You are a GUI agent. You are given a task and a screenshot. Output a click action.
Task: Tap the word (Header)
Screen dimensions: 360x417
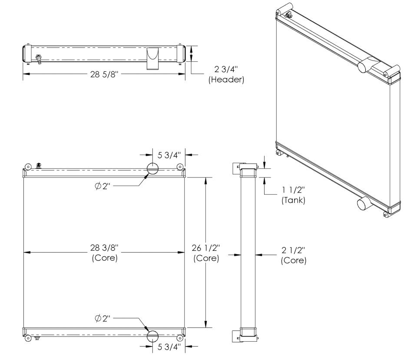pyautogui.click(x=225, y=80)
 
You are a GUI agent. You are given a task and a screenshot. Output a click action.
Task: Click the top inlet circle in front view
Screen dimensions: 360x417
pyautogui.click(x=152, y=168)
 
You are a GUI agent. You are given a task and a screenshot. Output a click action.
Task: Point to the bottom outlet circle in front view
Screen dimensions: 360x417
pyautogui.click(x=152, y=336)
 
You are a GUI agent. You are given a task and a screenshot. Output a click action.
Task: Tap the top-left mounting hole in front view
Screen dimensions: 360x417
pyautogui.click(x=28, y=167)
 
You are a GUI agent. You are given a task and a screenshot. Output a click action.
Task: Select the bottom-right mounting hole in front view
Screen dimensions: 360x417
pyautogui.click(x=179, y=338)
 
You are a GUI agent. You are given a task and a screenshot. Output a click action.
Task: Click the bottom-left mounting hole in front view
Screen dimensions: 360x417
pyautogui.click(x=28, y=338)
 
